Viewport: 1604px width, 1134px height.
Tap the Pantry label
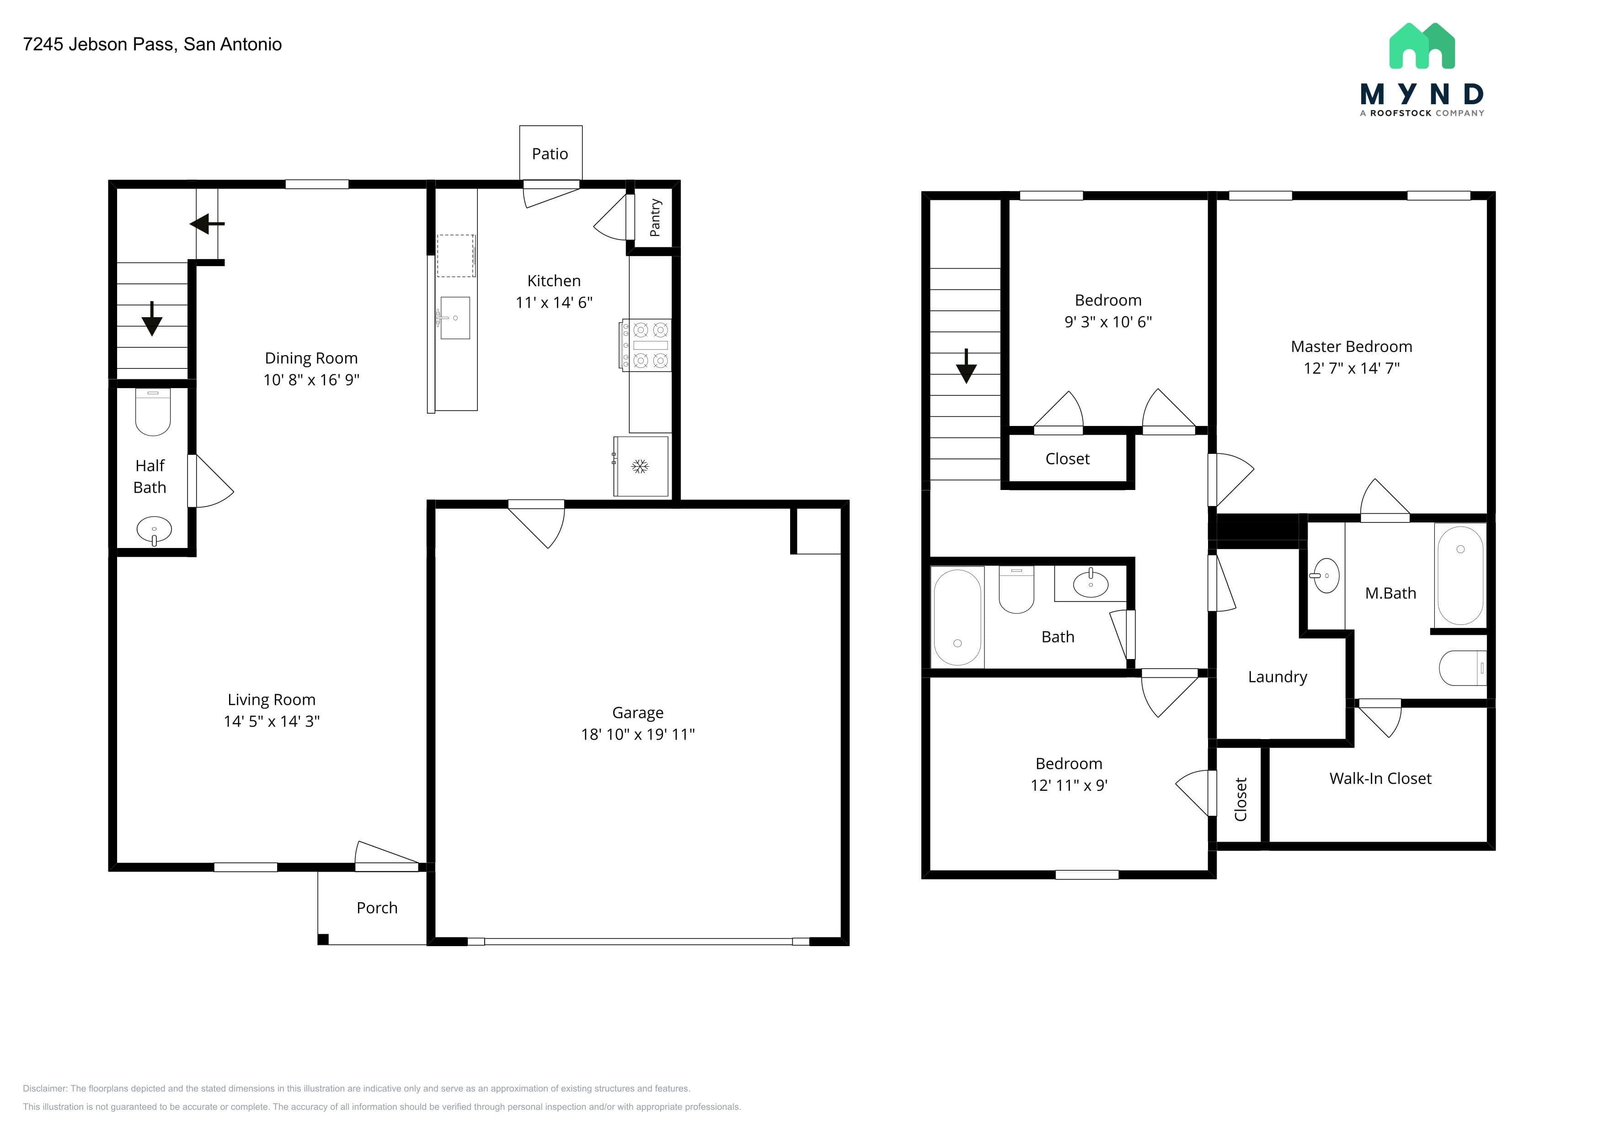point(655,218)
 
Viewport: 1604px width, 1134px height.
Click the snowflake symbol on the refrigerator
point(640,467)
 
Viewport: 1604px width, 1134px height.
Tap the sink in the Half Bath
point(154,530)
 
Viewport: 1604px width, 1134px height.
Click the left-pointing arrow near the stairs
point(207,224)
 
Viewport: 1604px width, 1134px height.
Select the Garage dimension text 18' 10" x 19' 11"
point(638,734)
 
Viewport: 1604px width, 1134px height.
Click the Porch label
point(377,908)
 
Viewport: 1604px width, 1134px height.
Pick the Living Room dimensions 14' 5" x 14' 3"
point(272,721)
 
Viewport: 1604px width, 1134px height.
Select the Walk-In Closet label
point(1380,778)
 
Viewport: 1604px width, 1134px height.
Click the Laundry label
point(1278,676)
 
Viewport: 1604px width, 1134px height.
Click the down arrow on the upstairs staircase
point(966,366)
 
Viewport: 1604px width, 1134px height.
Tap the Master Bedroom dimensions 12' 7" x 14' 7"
point(1352,368)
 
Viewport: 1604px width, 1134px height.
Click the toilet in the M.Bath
point(1462,668)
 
